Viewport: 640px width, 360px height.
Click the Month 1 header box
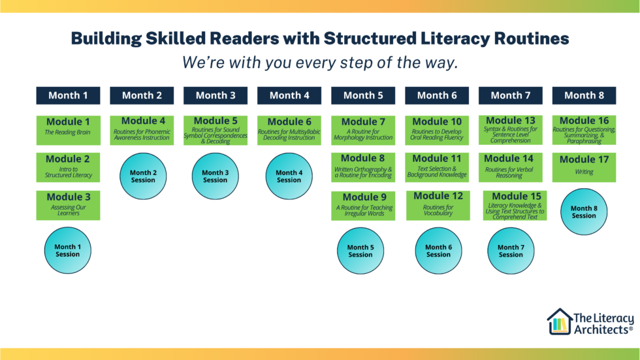[x=68, y=95]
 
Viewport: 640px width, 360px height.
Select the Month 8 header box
[x=584, y=95]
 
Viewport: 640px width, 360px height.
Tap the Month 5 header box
[x=363, y=95]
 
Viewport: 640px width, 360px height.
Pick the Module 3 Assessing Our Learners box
[x=68, y=205]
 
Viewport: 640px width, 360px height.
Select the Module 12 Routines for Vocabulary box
[x=438, y=205]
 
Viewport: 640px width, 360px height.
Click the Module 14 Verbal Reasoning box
[x=510, y=167]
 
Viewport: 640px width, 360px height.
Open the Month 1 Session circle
[x=67, y=250]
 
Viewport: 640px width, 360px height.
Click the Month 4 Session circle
[x=289, y=176]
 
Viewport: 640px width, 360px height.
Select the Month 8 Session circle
[x=584, y=212]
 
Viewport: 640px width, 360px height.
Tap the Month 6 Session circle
[x=438, y=251]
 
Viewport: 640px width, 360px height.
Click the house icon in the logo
[x=559, y=322]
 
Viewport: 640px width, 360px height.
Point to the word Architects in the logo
[x=602, y=330]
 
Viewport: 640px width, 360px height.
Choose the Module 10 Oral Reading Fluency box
[x=437, y=130]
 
